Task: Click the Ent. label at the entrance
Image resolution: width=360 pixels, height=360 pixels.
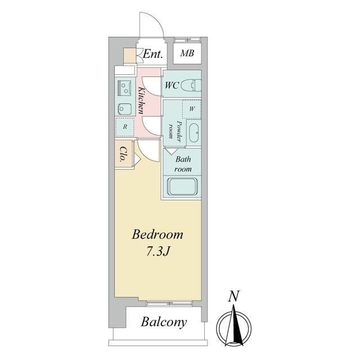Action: point(152,54)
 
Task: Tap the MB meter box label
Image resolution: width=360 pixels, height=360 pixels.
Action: point(187,53)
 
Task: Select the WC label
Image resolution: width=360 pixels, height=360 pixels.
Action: point(172,85)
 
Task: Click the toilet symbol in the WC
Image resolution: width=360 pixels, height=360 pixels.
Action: point(191,85)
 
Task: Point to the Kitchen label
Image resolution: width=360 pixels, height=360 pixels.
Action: point(141,101)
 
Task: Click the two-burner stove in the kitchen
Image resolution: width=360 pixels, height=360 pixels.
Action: point(124,88)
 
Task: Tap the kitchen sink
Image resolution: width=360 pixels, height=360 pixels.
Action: point(125,109)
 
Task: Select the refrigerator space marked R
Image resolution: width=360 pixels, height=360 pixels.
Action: point(125,127)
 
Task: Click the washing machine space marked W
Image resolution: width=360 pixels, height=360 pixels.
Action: point(192,109)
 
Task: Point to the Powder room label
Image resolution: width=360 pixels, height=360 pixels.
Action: point(175,130)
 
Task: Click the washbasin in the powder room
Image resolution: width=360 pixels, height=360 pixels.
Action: point(194,133)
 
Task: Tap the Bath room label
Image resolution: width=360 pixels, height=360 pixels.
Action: point(183,164)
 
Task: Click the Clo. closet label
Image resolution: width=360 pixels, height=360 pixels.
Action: point(124,154)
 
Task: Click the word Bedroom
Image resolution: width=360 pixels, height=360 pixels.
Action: point(157,235)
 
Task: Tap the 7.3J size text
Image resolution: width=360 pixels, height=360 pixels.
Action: point(157,252)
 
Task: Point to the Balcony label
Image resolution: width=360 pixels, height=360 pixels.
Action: point(164,322)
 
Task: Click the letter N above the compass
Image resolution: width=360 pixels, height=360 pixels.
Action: point(234,296)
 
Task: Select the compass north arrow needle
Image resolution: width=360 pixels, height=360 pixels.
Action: point(234,325)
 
